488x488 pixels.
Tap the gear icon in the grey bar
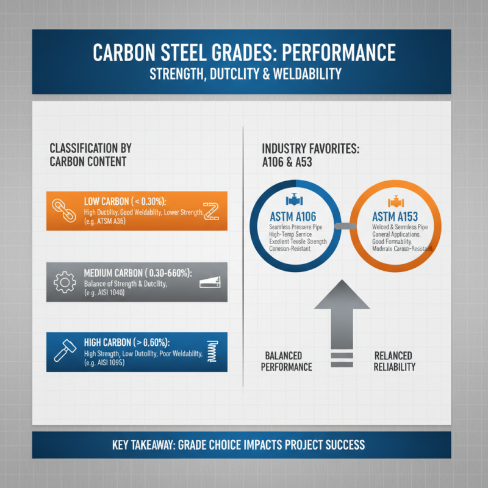65,282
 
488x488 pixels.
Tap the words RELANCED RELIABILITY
395,361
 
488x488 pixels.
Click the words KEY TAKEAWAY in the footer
143,445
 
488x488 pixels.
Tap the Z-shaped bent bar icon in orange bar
211,210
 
